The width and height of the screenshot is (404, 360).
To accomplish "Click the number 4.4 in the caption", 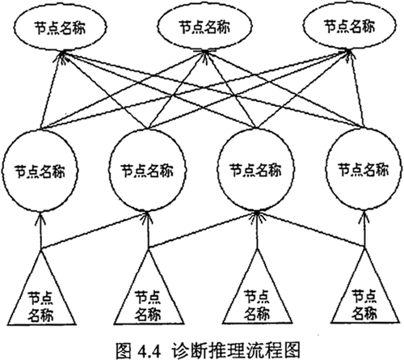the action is coord(149,351).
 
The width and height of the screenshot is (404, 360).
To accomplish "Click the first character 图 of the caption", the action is coord(124,350).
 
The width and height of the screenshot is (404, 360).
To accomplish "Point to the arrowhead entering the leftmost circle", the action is coord(40,218).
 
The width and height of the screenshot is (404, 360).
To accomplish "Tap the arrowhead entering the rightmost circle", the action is coord(364,217).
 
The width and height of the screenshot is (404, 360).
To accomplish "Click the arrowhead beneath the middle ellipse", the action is coord(204,55).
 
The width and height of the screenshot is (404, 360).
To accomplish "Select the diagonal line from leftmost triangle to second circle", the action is coord(95,231).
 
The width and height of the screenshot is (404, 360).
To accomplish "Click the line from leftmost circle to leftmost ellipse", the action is coord(52,90).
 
